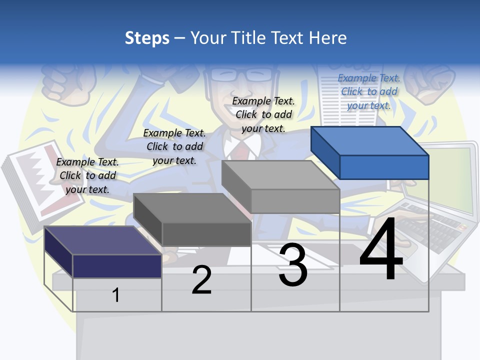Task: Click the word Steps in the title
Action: pyautogui.click(x=147, y=38)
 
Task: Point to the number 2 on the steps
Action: pyautogui.click(x=201, y=280)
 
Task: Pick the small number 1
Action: pyautogui.click(x=115, y=295)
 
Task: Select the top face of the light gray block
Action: pyautogui.click(x=280, y=175)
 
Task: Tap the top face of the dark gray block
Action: pyautogui.click(x=192, y=208)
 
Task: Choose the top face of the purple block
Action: pyautogui.click(x=103, y=240)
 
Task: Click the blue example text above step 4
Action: pyautogui.click(x=368, y=91)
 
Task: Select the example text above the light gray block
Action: pyautogui.click(x=263, y=114)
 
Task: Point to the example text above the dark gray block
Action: pyautogui.click(x=174, y=146)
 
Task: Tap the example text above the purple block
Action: pyautogui.click(x=87, y=175)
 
